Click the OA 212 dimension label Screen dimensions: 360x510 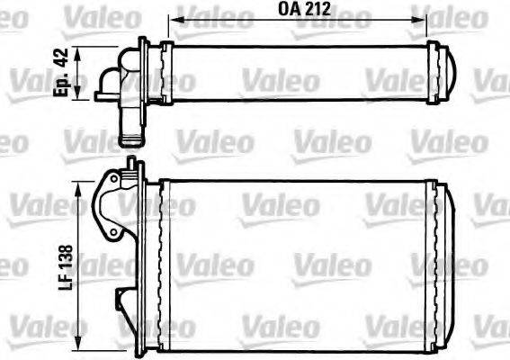(x=305, y=12)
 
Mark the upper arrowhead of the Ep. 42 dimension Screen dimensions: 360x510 (x=85, y=51)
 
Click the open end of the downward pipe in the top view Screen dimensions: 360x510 (x=131, y=140)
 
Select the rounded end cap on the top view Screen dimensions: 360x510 (x=449, y=72)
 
